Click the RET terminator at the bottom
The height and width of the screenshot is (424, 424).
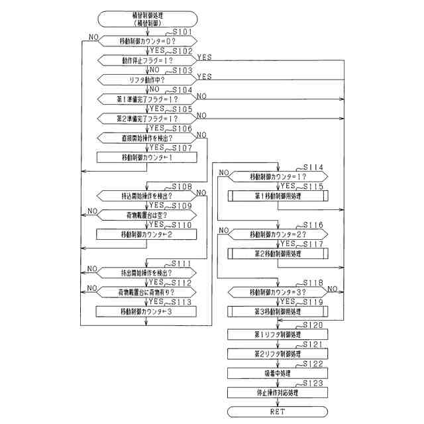278,411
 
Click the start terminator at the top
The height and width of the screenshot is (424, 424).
147,18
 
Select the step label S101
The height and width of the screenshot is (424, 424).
183,32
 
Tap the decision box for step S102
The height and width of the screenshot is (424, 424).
147,60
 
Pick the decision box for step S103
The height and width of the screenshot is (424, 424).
147,79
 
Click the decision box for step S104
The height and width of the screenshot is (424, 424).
147,99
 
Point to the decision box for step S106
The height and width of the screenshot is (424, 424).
147,138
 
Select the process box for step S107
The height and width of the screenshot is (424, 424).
147,158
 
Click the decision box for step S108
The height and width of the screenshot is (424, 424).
147,196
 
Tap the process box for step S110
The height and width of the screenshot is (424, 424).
147,235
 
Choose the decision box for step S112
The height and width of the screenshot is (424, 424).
147,292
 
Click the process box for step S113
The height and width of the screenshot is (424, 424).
147,311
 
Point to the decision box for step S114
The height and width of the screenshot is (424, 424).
278,177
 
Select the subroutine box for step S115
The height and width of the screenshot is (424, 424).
278,196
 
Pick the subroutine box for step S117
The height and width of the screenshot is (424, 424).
278,254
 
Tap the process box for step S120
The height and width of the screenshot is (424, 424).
278,335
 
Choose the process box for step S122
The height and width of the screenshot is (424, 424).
278,373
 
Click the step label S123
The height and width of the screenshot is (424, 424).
313,384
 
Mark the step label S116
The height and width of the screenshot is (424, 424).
313,225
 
